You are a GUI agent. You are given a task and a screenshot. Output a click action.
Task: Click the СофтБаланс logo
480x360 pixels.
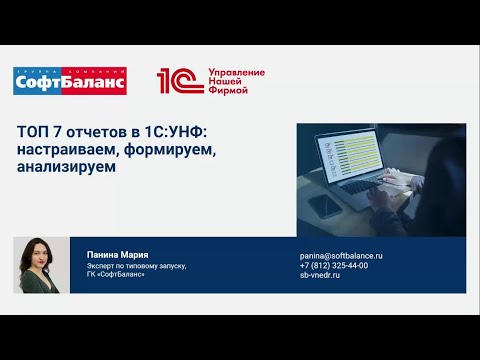[69, 81]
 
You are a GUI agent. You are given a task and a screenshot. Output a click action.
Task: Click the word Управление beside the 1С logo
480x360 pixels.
[235, 72]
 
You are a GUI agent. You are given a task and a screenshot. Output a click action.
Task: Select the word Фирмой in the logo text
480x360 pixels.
[224, 90]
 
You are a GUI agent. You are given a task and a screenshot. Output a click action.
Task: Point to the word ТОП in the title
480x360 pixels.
[31, 134]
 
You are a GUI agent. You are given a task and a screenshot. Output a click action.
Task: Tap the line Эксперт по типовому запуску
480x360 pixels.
[136, 266]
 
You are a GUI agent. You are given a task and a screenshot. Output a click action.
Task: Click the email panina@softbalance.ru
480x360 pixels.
[341, 256]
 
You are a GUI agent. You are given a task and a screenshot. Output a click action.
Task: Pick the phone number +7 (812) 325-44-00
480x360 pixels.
[334, 265]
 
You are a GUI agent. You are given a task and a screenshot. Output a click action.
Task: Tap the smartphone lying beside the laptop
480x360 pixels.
[323, 207]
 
